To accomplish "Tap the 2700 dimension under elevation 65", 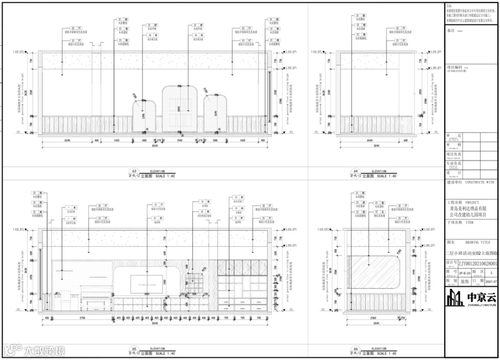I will [82, 317].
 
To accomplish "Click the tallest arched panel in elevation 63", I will [180, 109].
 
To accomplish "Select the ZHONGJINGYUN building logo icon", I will [455, 297].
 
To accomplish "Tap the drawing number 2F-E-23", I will [462, 273].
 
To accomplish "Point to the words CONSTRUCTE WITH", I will [479, 183].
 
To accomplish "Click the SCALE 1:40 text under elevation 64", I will [387, 176].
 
